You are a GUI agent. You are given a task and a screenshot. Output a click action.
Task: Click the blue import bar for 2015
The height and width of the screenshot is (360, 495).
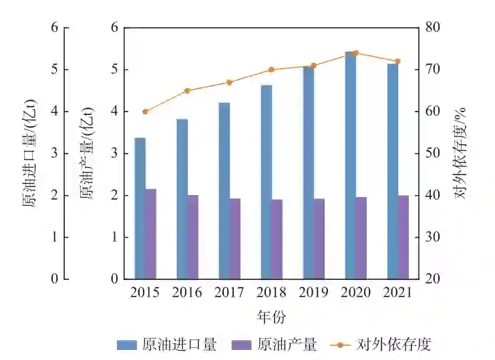pos(140,208)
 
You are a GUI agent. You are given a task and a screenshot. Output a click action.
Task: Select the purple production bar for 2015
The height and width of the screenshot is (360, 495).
pos(151,234)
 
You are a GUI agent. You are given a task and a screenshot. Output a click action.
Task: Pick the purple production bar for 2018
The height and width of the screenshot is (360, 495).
pos(277,239)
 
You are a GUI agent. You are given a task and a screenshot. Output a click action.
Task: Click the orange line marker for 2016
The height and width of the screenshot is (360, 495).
pos(188,91)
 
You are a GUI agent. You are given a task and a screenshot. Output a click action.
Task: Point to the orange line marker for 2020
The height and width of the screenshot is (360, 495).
pos(355,53)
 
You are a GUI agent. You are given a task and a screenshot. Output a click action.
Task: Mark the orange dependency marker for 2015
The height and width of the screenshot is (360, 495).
pos(146,112)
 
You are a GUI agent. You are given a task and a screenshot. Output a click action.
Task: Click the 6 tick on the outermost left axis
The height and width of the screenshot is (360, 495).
pos(64,28)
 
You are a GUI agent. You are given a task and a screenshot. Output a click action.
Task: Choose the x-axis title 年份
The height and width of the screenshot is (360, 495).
pos(271,315)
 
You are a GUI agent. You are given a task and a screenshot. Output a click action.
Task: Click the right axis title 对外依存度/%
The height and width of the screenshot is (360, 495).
pos(460,153)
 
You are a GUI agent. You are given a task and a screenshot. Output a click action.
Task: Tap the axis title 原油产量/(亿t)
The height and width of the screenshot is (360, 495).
pos(87,153)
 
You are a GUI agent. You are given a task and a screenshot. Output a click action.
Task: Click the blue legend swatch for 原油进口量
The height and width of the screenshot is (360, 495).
pos(127,345)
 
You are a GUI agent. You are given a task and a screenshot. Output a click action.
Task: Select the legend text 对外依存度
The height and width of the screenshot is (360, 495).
pos(394,345)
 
